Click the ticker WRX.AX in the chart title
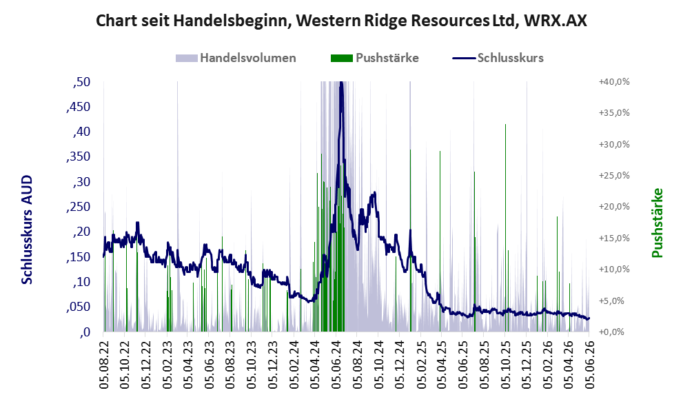pos(555,21)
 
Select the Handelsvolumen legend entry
pos(236,58)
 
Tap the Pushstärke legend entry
pos(375,58)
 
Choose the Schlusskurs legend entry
pos(498,58)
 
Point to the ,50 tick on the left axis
pos(82,82)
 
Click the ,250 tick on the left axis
pos(79,207)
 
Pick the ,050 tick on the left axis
pos(79,307)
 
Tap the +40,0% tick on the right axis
pos(614,82)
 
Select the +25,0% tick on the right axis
pos(614,176)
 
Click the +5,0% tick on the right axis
pos(614,301)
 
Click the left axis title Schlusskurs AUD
pos(27,230)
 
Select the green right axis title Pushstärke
pos(657,223)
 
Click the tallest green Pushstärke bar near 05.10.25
pos(505,228)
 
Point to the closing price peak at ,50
pos(341,83)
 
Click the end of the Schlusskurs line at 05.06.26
pos(589,318)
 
